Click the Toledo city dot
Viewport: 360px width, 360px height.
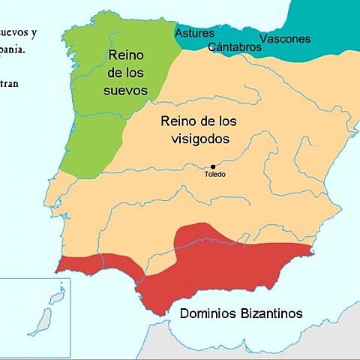click(x=213, y=166)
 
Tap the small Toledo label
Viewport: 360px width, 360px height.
click(x=214, y=175)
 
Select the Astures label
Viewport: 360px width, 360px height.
click(x=194, y=33)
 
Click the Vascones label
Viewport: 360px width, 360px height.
click(x=284, y=38)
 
